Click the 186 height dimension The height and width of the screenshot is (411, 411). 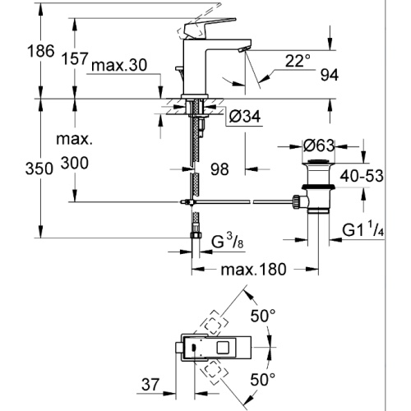click(41, 51)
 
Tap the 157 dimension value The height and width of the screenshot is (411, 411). click(75, 58)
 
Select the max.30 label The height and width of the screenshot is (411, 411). click(119, 66)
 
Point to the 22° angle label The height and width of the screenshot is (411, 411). click(298, 61)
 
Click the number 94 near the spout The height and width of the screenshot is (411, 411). click(330, 75)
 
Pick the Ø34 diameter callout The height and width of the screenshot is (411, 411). click(245, 117)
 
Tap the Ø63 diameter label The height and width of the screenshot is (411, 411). click(319, 145)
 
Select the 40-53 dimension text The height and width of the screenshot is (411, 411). click(362, 176)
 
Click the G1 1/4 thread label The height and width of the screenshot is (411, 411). click(363, 229)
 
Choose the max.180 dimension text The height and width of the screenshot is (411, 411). click(253, 270)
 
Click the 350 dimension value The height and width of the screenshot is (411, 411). click(39, 169)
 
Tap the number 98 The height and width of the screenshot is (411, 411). click(219, 169)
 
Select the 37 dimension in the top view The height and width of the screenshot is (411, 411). click(150, 385)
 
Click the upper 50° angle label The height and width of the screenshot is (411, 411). click(263, 316)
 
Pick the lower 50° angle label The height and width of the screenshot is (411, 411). click(262, 380)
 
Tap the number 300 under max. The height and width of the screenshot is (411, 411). click(75, 163)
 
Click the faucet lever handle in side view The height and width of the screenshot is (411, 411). click(208, 28)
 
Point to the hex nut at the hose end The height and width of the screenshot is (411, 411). click(196, 235)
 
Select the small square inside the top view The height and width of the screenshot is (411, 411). click(224, 347)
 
